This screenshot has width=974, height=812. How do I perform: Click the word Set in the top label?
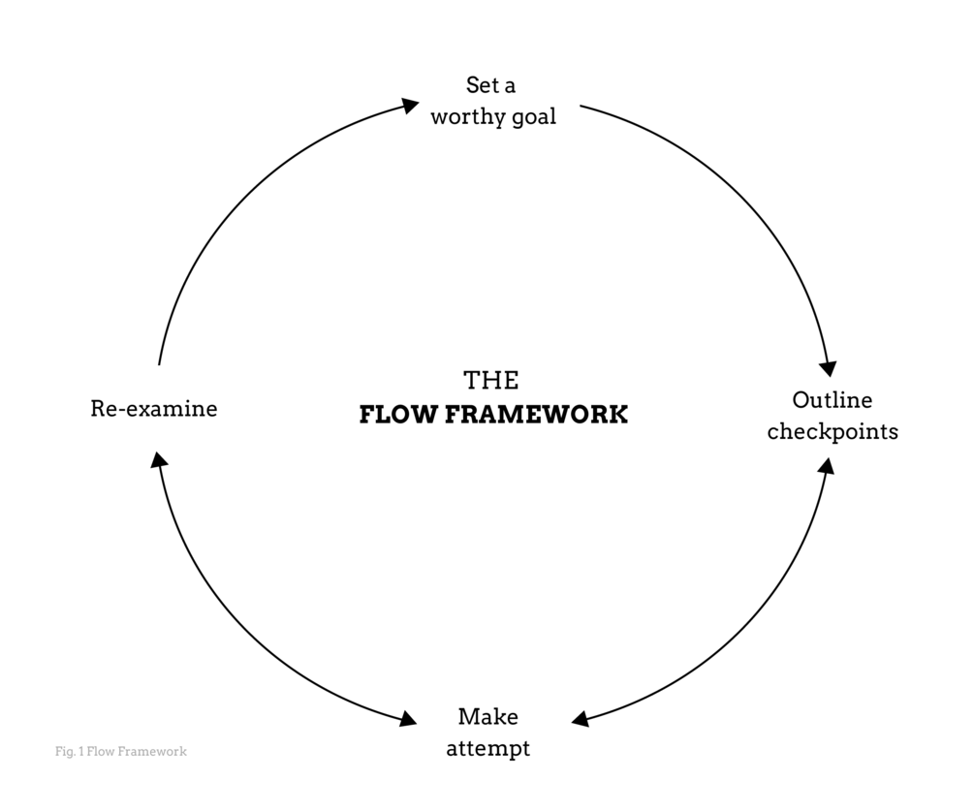coord(483,85)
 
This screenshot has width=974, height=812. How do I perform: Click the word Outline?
coord(832,400)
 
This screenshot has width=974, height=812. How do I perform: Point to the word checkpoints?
coord(833,431)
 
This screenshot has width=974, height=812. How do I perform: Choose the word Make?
coord(487,717)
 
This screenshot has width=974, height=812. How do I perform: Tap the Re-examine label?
coord(153,409)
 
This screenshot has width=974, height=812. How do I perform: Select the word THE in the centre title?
coord(490,380)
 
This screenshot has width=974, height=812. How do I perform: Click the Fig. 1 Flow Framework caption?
coord(120,751)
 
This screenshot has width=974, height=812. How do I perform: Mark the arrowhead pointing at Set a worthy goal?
coord(411,103)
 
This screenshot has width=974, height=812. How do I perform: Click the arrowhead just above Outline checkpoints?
coord(828,368)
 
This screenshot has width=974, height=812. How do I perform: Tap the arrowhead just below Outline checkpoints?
coord(827,465)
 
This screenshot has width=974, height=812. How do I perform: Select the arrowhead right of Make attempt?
coord(580,720)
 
